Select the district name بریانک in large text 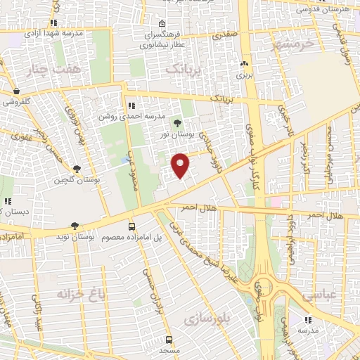185,69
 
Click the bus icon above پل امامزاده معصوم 131,226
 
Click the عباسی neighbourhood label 320,297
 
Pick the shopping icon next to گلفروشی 15,91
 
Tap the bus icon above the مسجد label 169,339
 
